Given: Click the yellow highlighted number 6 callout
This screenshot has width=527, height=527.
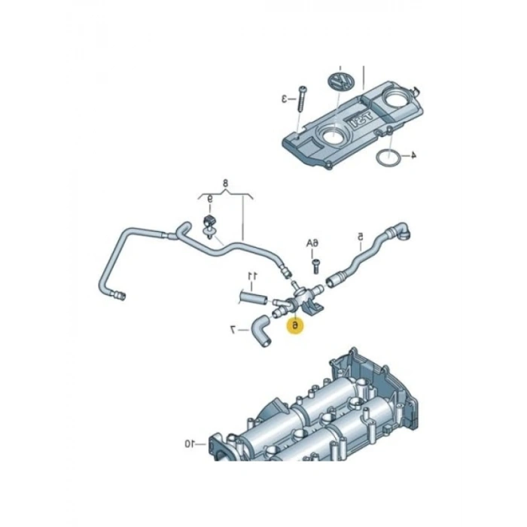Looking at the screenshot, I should [296, 325].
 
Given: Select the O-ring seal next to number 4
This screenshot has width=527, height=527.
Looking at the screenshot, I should [386, 157].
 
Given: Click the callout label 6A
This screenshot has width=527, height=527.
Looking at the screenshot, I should [312, 243].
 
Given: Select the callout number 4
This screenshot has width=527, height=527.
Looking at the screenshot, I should [413, 156].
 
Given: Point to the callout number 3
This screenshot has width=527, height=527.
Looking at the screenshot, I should [285, 98].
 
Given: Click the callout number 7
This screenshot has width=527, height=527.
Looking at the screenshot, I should [234, 328].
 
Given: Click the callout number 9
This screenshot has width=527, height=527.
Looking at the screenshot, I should [210, 200].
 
